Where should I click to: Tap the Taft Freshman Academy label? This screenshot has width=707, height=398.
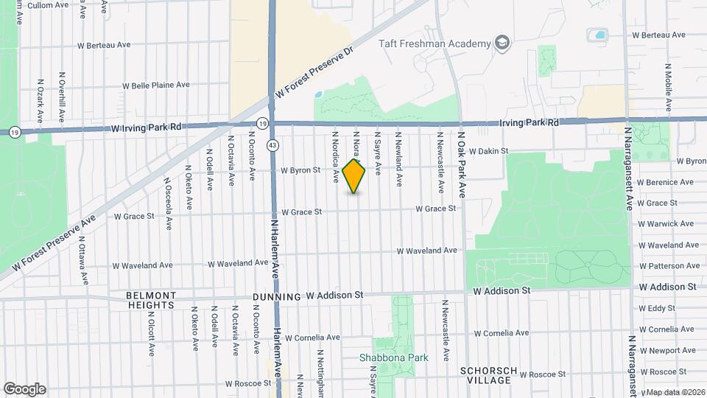tap(435, 43)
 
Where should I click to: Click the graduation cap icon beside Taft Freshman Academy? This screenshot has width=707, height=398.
tap(502, 43)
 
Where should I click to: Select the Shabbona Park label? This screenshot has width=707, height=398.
tap(393, 358)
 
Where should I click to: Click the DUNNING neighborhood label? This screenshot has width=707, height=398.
tap(276, 297)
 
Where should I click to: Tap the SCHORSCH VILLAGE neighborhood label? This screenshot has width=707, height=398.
tap(485, 375)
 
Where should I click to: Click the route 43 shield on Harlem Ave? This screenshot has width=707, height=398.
tap(272, 145)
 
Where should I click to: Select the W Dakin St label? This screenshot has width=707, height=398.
tap(488, 151)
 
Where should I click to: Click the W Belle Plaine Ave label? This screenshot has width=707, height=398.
tap(155, 85)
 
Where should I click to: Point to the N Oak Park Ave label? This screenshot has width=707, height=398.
tap(462, 165)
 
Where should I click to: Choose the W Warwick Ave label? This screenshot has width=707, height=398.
tap(666, 223)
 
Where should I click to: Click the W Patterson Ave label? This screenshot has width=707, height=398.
tap(669, 265)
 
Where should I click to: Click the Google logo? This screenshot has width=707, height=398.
tap(24, 388)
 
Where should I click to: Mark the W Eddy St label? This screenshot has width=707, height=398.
tap(657, 308)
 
